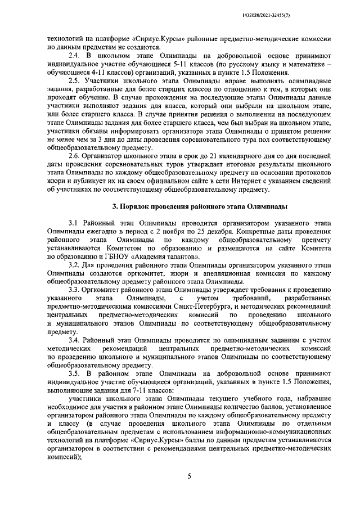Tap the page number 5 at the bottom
(190, 476)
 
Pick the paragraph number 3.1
(74, 223)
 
